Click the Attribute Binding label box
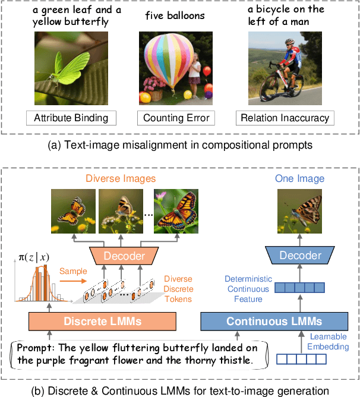(71, 118)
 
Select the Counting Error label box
(176, 118)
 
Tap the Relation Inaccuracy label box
(284, 118)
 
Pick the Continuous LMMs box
(274, 322)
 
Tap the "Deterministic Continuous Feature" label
(248, 283)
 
